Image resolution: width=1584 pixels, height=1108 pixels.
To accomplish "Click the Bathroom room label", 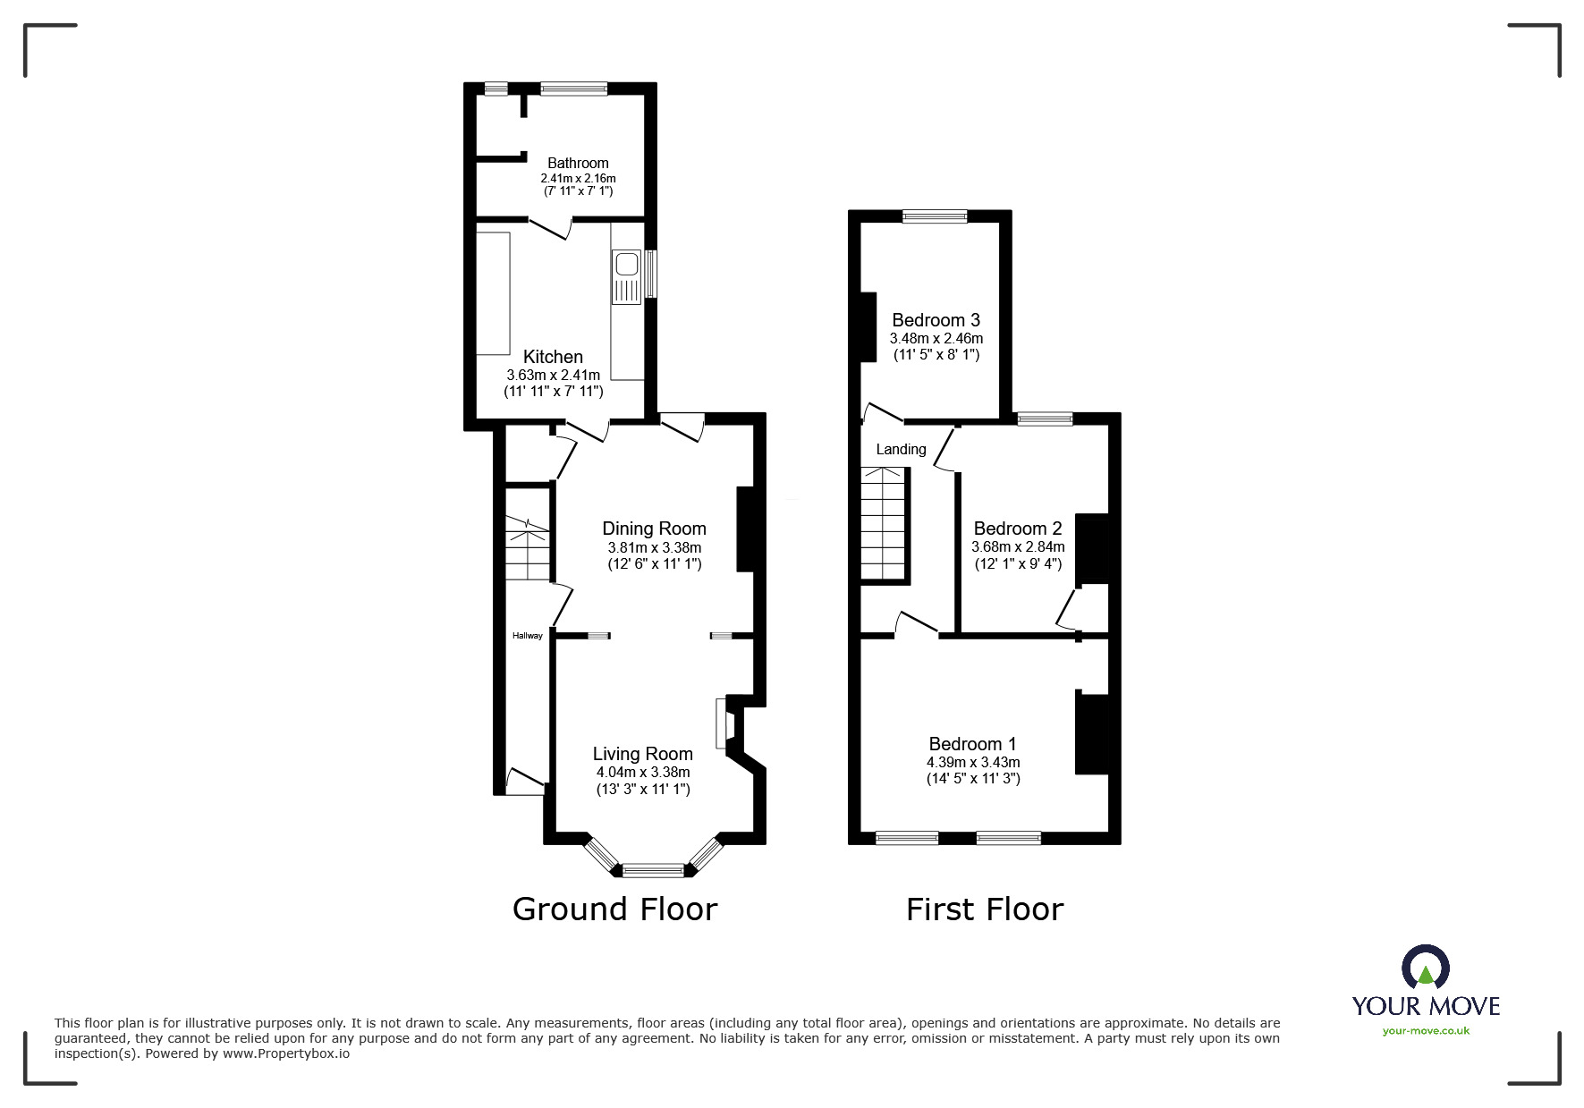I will coord(578,163).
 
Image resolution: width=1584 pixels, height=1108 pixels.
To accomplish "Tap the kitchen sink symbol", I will coord(626,275).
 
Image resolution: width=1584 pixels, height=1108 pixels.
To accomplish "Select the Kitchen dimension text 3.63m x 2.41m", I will coord(553,375).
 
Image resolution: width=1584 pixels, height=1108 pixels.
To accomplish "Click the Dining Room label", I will coord(654,529).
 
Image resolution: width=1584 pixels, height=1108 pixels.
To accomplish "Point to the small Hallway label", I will coord(527,636).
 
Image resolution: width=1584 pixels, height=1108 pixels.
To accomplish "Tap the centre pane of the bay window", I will coord(653,869).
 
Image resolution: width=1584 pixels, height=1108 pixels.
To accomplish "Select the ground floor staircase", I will coord(526,550).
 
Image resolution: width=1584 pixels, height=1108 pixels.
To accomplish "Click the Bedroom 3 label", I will coord(936,320).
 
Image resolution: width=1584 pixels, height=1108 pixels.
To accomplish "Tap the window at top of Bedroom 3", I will coord(935,216).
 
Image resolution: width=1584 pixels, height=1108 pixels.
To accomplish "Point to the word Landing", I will coord(901,449).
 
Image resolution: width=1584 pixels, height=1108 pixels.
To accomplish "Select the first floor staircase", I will coord(884,524).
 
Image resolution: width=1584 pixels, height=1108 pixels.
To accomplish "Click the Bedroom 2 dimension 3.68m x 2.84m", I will coord(1018,546).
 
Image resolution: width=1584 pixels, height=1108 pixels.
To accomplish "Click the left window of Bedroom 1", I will coord(907,838).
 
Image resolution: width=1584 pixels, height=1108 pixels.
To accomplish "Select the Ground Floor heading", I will coord(614,909).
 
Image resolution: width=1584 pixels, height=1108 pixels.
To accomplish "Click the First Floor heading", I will coord(984,909).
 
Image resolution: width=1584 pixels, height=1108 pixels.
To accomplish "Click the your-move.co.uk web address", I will coord(1426,1030).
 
